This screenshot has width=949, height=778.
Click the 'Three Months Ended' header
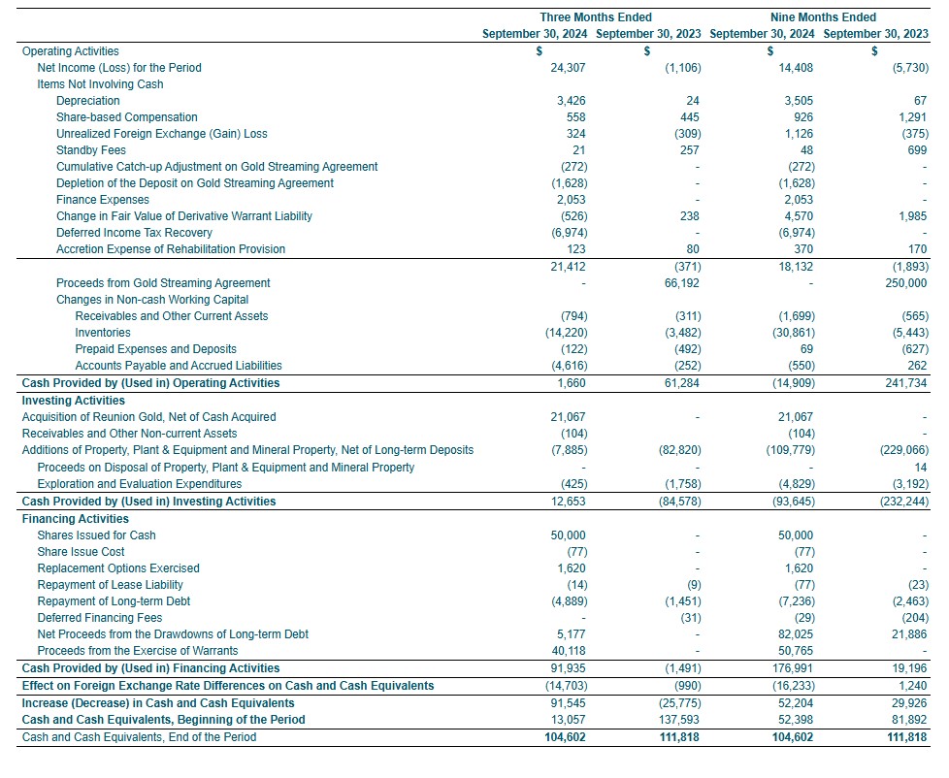coord(595,17)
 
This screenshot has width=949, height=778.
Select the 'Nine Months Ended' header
coord(822,17)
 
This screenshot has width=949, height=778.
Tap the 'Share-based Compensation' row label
coord(126,117)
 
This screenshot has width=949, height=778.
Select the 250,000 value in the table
coord(907,283)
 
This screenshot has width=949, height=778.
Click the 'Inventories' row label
coord(103,333)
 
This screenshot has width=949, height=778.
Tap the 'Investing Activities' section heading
coord(73,401)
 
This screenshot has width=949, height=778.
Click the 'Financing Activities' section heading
coord(75,519)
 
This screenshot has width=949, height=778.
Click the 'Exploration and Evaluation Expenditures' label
coord(139,484)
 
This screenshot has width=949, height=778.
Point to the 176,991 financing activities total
coord(794,668)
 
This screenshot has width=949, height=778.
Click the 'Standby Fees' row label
coord(90,150)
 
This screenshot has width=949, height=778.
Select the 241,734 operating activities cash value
coord(906,383)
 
